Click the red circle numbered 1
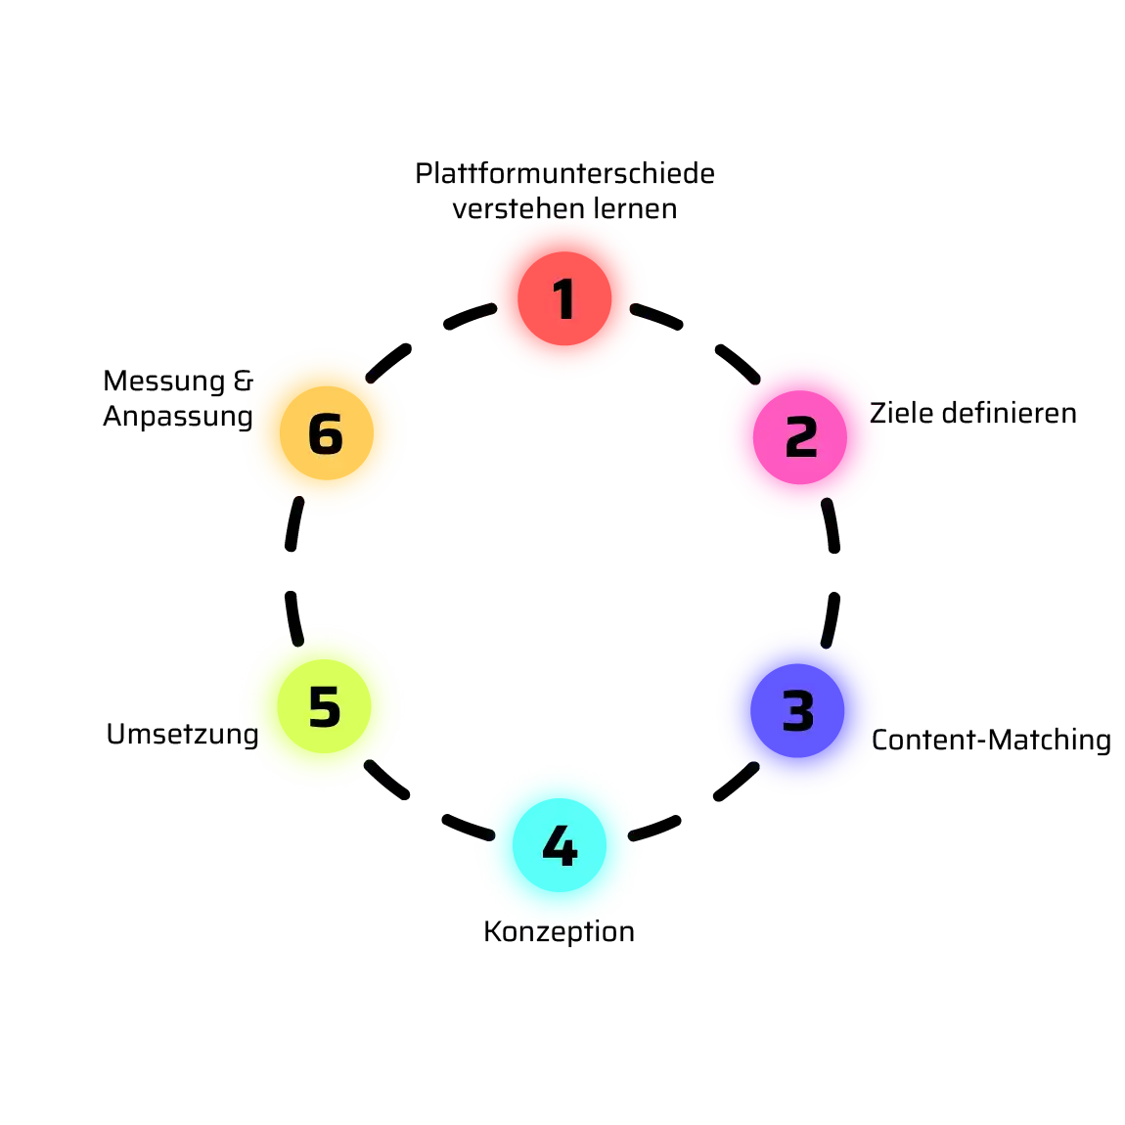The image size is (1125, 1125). [x=564, y=296]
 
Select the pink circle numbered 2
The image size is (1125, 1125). [x=802, y=435]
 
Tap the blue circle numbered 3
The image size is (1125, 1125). [x=800, y=711]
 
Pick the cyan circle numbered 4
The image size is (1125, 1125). [x=560, y=846]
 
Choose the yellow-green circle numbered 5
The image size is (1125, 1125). [x=322, y=706]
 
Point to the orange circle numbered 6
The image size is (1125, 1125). [x=324, y=432]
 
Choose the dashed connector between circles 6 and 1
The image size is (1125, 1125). [x=427, y=333]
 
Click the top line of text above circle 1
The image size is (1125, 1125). [x=567, y=173]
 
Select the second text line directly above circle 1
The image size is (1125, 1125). [x=563, y=206]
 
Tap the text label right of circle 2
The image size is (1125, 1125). [x=973, y=417]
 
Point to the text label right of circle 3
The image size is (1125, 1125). [x=991, y=739]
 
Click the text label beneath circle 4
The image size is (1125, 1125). [x=560, y=932]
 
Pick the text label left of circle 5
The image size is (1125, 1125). [x=181, y=735]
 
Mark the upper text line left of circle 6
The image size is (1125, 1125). [x=177, y=380]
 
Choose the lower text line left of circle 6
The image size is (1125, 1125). [x=177, y=418]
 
